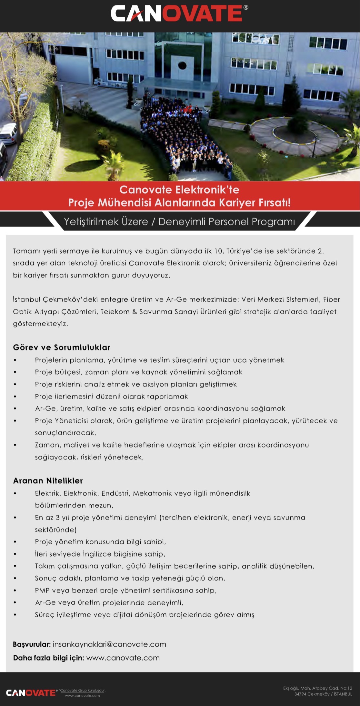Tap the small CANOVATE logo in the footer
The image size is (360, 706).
click(31, 692)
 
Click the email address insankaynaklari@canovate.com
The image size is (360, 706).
click(109, 644)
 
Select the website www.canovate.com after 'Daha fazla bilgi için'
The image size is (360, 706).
click(123, 658)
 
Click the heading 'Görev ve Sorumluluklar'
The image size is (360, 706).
click(62, 347)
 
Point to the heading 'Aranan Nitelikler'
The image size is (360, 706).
click(48, 480)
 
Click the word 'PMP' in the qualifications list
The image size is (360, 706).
click(42, 590)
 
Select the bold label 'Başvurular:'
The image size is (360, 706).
click(32, 644)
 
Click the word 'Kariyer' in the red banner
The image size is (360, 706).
click(236, 203)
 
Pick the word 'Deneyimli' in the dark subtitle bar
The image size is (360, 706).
click(182, 222)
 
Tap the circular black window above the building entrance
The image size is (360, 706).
click(182, 66)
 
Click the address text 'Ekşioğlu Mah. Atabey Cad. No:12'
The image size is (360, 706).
click(317, 688)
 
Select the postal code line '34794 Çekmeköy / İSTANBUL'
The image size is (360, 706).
click(323, 694)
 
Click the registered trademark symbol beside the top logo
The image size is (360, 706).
click(246, 7)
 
